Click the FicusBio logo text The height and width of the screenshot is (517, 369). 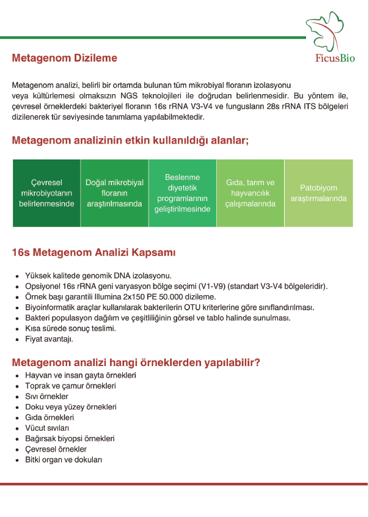[x=334, y=58]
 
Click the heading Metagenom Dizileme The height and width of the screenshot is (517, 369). [x=64, y=58]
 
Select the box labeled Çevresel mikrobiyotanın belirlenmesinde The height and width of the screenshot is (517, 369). [x=46, y=193]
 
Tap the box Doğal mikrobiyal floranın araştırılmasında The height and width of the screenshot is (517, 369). [x=114, y=193]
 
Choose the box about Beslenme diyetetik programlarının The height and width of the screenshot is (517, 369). [x=183, y=193]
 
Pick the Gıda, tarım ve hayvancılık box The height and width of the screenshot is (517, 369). [x=250, y=193]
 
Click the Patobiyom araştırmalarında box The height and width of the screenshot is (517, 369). [x=318, y=193]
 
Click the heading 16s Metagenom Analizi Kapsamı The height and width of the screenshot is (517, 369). [x=93, y=252]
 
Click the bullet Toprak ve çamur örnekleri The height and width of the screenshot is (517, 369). [x=70, y=386]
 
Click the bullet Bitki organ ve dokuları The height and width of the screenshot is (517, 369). [x=64, y=460]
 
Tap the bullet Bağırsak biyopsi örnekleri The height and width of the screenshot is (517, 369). [x=70, y=438]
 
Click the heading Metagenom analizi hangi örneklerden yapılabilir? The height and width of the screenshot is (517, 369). [x=136, y=362]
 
